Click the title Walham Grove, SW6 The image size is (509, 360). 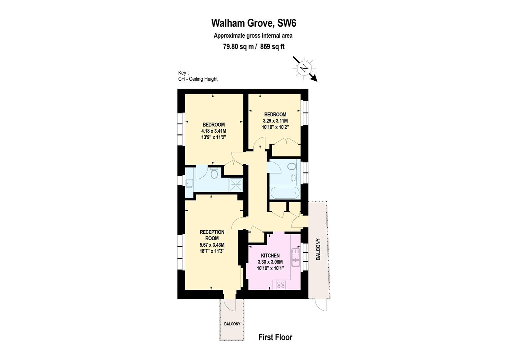[x=254, y=23]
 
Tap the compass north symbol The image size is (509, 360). [x=303, y=68]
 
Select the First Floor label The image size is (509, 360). [x=275, y=337]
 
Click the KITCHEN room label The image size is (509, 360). [x=270, y=255]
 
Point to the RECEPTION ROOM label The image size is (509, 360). [x=212, y=235]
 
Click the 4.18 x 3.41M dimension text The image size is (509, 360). [x=214, y=131]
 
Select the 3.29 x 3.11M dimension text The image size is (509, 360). [x=275, y=121]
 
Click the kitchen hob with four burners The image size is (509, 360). [x=281, y=285]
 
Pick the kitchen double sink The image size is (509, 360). [x=295, y=257]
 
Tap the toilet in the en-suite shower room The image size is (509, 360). [x=215, y=173]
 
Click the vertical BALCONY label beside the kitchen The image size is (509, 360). [x=318, y=250]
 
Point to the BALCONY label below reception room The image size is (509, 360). [x=232, y=324]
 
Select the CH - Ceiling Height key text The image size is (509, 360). [x=198, y=79]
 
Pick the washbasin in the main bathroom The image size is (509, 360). [x=294, y=178]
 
